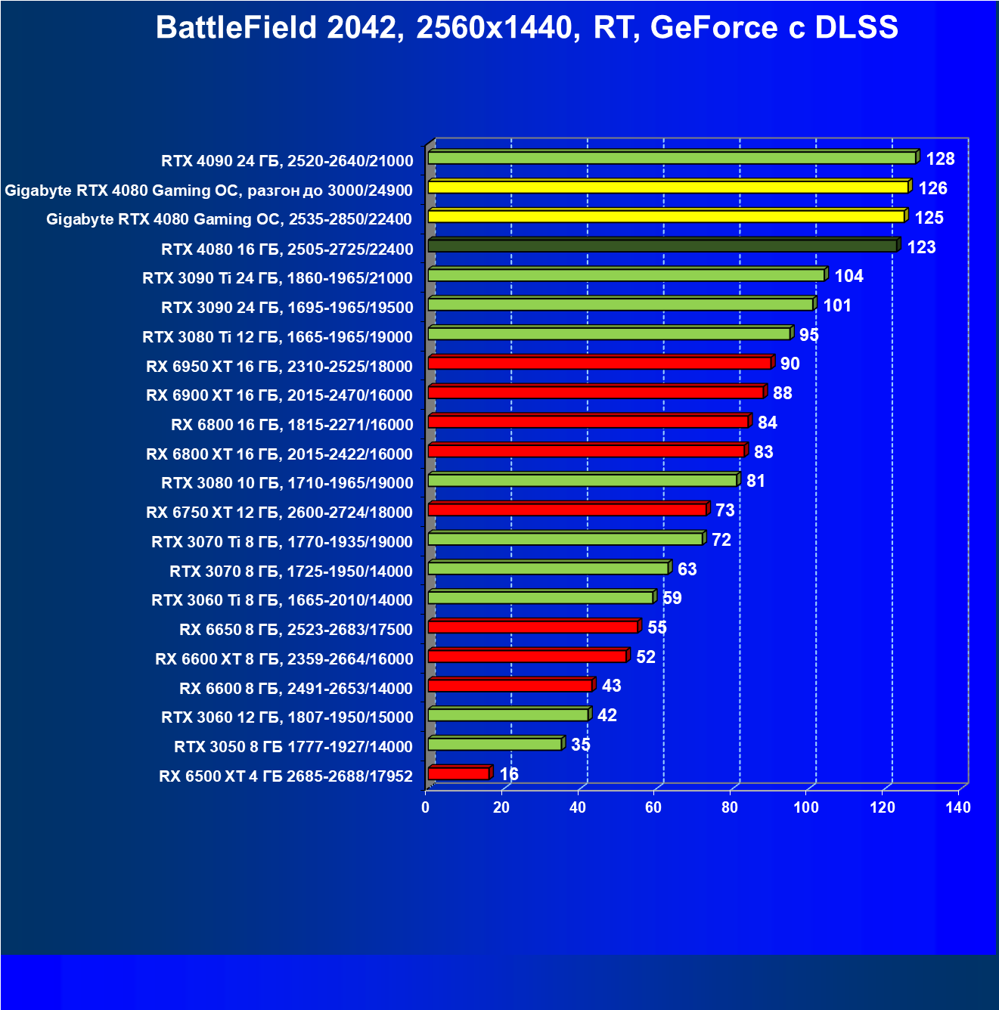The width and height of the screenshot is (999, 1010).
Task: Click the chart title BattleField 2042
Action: pyautogui.click(x=526, y=28)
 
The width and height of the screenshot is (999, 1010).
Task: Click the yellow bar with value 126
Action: pyautogui.click(x=668, y=187)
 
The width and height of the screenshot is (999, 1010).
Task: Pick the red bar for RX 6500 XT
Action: pyautogui.click(x=458, y=773)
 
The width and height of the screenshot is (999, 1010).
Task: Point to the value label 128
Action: pyautogui.click(x=940, y=159)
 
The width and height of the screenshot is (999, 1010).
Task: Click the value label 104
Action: pyautogui.click(x=849, y=276)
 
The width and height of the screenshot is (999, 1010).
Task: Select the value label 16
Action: pyautogui.click(x=509, y=774)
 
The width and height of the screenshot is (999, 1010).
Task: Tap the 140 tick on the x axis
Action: pyautogui.click(x=958, y=807)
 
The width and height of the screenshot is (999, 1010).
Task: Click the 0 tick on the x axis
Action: pyautogui.click(x=426, y=807)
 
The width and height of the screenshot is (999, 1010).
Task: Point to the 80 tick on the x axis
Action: pyautogui.click(x=730, y=807)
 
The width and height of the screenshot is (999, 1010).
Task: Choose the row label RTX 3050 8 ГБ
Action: pyautogui.click(x=293, y=747)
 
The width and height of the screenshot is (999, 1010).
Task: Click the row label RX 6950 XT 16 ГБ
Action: pyautogui.click(x=279, y=367)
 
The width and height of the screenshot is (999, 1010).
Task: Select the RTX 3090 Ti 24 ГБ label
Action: pyautogui.click(x=278, y=278)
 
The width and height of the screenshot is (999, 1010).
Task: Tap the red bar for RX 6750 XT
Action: pyautogui.click(x=567, y=510)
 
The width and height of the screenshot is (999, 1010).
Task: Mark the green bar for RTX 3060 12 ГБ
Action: pyautogui.click(x=508, y=714)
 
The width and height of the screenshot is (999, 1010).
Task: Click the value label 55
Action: pyautogui.click(x=657, y=627)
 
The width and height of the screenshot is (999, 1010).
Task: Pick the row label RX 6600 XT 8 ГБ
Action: pyautogui.click(x=284, y=659)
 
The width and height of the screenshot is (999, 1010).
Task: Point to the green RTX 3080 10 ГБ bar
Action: pyautogui.click(x=582, y=480)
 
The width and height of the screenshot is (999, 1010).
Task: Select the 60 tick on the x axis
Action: pyautogui.click(x=653, y=807)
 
